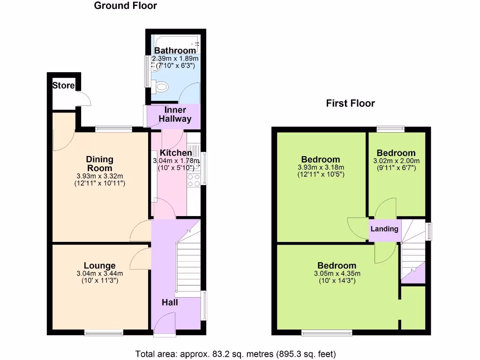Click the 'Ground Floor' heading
pos(125,6)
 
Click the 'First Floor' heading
pos(350,104)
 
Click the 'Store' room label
pos(63,86)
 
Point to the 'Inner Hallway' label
pos(175,115)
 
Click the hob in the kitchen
pos(194,178)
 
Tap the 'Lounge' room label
pos(99,266)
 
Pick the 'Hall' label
pos(170,303)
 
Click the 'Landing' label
pos(384,229)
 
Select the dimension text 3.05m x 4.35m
pos(337,274)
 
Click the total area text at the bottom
pos(236,353)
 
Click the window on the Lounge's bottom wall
pos(104,333)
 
